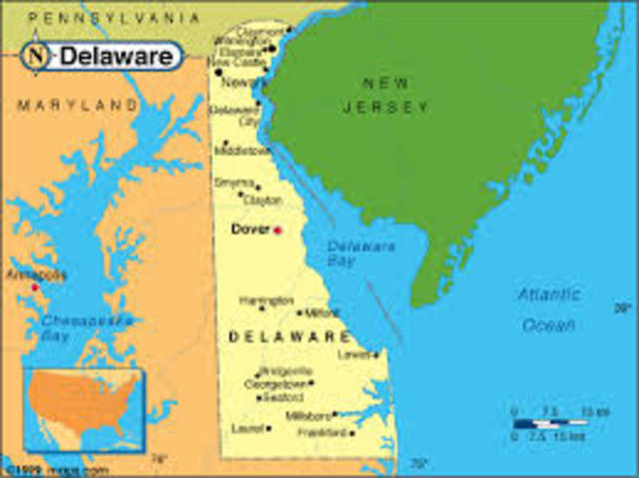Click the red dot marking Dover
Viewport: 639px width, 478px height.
[x=278, y=230]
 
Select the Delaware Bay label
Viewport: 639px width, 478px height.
[x=347, y=252]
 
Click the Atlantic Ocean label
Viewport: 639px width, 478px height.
[x=547, y=309]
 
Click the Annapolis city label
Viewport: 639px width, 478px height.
[x=36, y=272]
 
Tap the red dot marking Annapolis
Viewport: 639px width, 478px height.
[x=35, y=286]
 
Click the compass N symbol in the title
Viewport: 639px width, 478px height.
[x=36, y=56]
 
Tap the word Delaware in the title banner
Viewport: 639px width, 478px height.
[x=114, y=56]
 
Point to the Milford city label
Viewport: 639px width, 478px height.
[x=321, y=312]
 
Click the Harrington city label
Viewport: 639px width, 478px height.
[x=266, y=299]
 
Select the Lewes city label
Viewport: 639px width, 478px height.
[x=356, y=353]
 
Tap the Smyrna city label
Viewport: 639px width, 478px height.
[x=234, y=183]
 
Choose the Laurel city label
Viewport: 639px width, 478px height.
[x=246, y=428]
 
